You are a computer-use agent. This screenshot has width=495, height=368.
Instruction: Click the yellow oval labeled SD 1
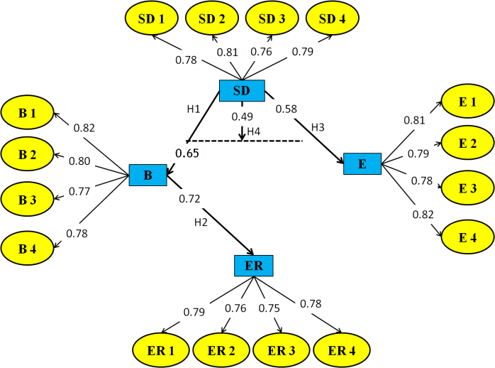click(152, 18)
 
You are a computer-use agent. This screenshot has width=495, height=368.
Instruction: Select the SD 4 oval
click(333, 18)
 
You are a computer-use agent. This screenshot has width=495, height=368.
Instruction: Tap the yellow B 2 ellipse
click(28, 155)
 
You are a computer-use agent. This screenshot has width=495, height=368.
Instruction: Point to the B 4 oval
click(28, 249)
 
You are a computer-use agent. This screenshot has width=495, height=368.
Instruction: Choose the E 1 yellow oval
click(467, 102)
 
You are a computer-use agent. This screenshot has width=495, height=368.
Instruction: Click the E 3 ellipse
click(467, 188)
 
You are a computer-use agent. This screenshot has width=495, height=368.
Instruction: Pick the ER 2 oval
click(221, 350)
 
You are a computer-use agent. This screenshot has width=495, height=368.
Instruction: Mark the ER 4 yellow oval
click(342, 350)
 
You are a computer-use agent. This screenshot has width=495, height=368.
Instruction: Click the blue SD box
click(242, 90)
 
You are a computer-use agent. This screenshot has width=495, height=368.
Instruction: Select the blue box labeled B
click(148, 175)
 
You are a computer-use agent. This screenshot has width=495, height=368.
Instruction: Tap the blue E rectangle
click(362, 163)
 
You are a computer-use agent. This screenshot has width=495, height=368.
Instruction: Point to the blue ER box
click(254, 266)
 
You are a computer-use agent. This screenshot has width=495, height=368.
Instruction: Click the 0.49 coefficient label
click(243, 117)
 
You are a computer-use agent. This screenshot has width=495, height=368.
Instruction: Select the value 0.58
click(287, 108)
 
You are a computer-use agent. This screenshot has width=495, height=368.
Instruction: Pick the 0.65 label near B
click(187, 153)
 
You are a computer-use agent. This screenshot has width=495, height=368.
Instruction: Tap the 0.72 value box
click(190, 199)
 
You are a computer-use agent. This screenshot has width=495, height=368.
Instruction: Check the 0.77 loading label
click(79, 190)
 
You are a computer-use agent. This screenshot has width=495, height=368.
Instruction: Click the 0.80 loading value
click(79, 161)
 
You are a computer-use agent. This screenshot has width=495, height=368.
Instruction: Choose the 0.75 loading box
click(269, 308)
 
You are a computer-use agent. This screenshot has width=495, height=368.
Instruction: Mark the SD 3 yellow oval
click(272, 18)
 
